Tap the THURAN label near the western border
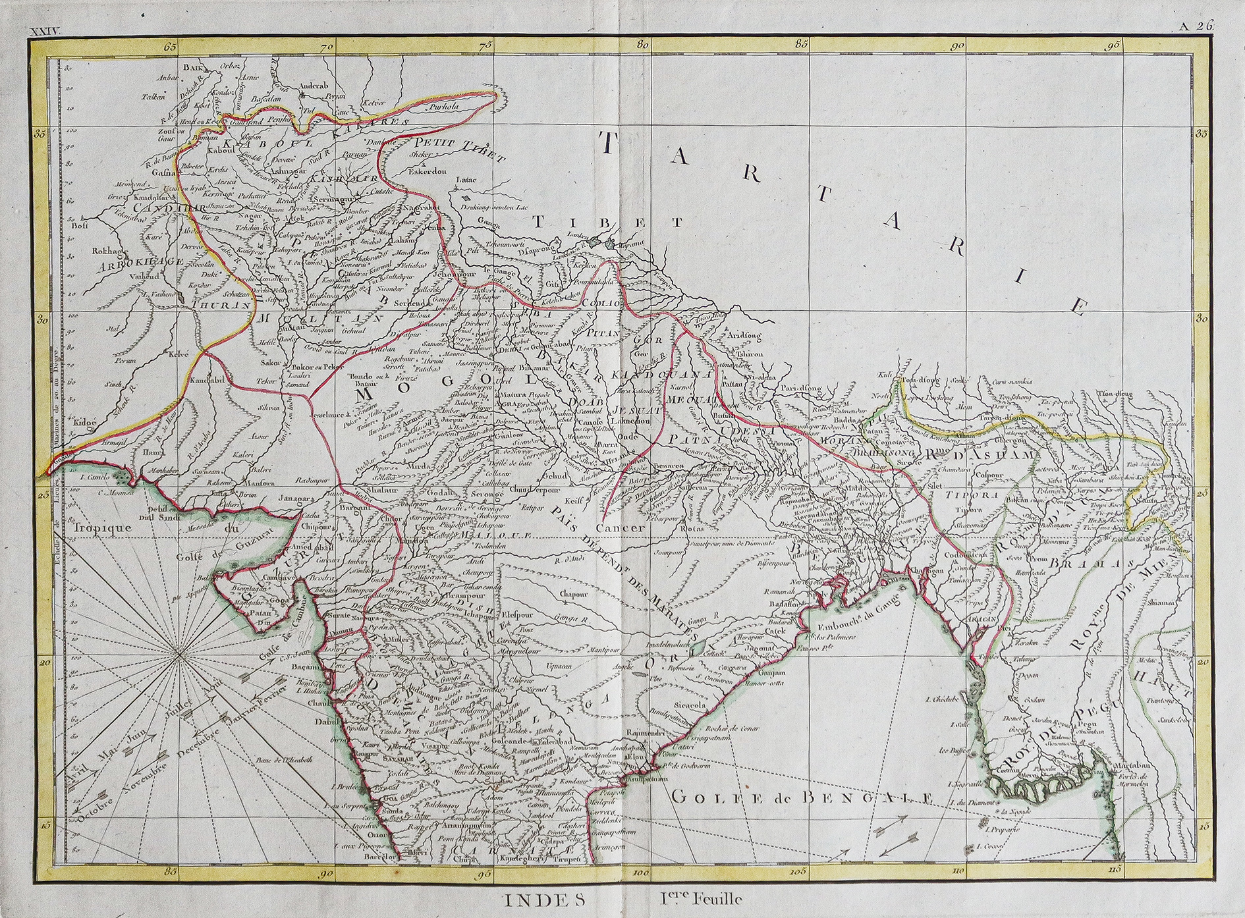tap(221, 306)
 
